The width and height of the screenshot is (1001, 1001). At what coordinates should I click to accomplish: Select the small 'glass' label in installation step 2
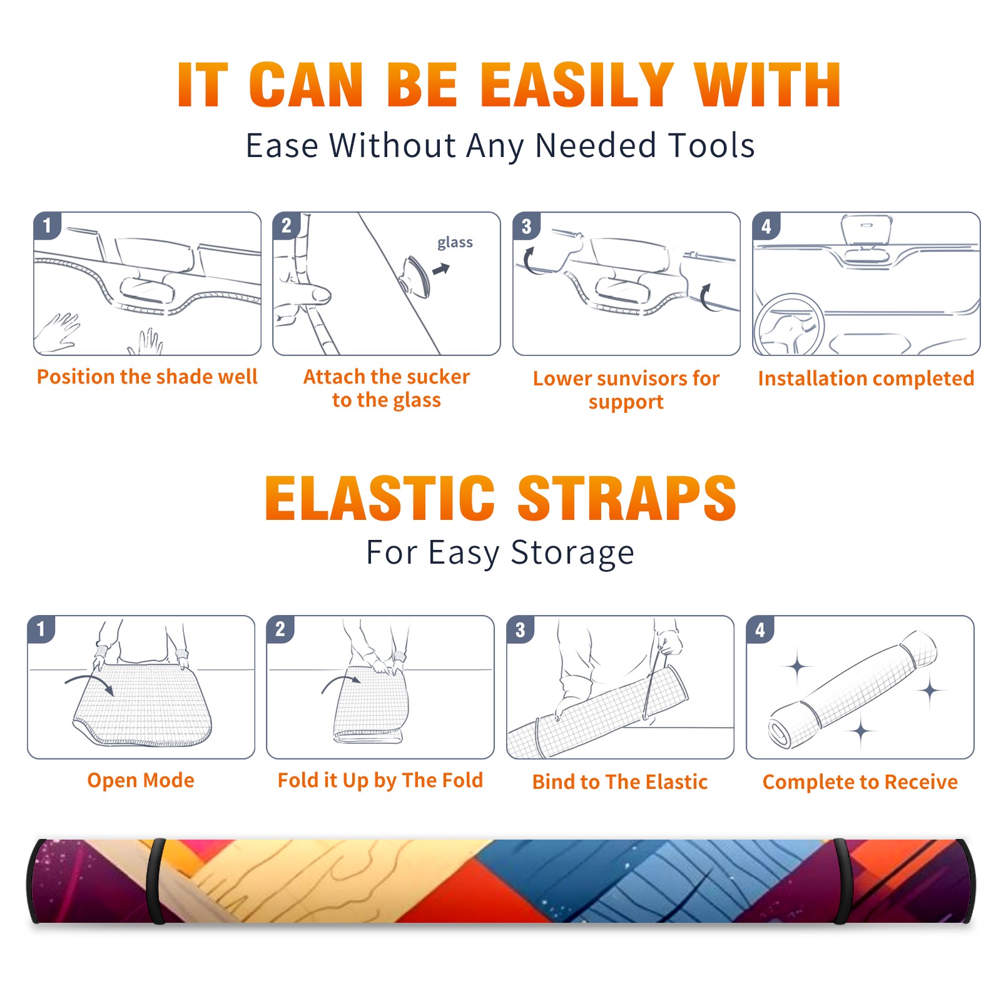(x=455, y=243)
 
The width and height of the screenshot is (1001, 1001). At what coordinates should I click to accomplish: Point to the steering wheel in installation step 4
(x=789, y=325)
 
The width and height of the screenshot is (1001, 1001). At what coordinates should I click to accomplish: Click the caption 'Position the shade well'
(x=147, y=377)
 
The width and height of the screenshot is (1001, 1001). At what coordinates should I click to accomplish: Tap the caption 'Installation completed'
(x=866, y=378)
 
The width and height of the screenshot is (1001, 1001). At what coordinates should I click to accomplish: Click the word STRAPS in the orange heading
(x=627, y=498)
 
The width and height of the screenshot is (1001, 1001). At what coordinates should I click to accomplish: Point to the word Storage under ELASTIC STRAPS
(x=572, y=553)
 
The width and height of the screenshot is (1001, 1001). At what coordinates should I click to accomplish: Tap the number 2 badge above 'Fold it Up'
(x=280, y=629)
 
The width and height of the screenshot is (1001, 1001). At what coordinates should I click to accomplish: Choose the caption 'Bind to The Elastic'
(x=619, y=782)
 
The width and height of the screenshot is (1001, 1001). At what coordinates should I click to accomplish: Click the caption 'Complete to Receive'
(x=860, y=782)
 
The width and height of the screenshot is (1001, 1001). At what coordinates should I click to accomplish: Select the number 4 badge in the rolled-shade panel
(x=760, y=629)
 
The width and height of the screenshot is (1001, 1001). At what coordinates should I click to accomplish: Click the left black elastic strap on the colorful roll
(x=156, y=882)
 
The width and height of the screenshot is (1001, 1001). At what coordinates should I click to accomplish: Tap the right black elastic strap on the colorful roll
(x=841, y=882)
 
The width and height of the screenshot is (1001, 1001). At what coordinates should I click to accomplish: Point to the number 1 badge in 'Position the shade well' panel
(x=47, y=225)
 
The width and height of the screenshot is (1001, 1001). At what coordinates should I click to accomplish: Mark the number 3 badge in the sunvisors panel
(x=526, y=226)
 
